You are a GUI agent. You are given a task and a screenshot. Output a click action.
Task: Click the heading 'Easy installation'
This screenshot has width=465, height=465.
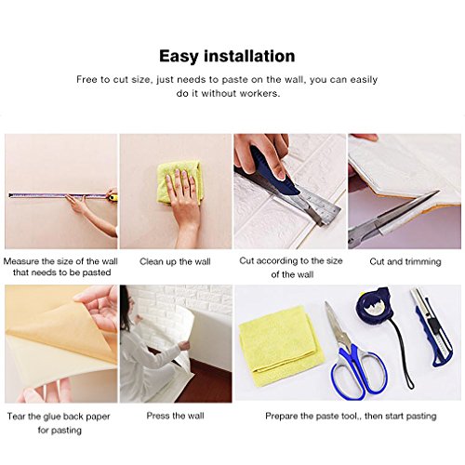tap(228, 55)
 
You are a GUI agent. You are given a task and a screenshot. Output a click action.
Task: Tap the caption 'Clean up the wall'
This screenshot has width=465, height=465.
tap(175, 261)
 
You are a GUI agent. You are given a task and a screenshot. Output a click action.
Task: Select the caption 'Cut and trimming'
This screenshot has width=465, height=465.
tap(405, 261)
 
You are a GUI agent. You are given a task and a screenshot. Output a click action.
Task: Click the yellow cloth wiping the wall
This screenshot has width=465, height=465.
tap(177, 181)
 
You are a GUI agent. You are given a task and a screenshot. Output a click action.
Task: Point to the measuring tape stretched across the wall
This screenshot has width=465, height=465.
tap(56, 195)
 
